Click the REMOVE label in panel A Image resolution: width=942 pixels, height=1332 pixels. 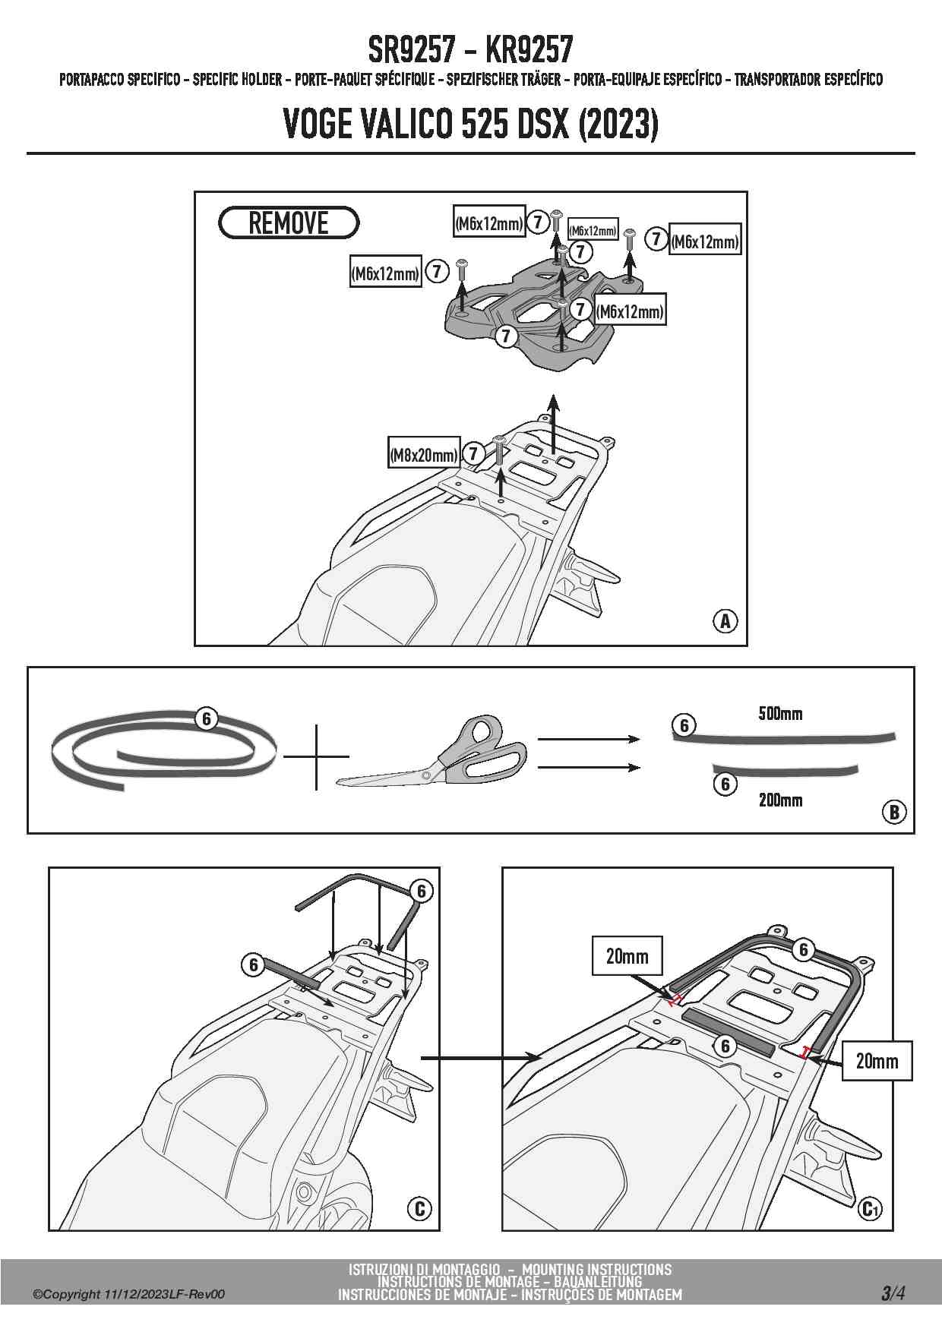[x=288, y=223]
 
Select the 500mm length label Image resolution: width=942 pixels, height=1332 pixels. [x=780, y=714]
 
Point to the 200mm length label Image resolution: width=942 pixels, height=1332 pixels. [x=780, y=800]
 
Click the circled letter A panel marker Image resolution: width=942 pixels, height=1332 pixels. [x=725, y=621]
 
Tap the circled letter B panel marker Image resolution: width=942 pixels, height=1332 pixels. [x=893, y=812]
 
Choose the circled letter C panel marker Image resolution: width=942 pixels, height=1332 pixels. [x=419, y=1208]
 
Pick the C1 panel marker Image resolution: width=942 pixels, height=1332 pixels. [x=870, y=1208]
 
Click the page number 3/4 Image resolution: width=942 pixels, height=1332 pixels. [x=893, y=1293]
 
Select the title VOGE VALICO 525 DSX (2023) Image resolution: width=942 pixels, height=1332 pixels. [x=470, y=125]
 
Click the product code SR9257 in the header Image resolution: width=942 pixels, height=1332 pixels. [x=412, y=51]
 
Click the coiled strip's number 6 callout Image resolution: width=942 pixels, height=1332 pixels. [x=207, y=718]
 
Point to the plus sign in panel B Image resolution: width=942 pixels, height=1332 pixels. [x=316, y=756]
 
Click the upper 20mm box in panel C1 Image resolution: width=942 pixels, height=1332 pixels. [x=627, y=956]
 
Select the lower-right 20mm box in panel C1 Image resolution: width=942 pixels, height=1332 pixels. [x=877, y=1060]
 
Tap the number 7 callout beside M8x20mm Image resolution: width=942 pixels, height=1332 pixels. [x=473, y=454]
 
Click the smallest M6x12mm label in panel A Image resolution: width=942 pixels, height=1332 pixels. [x=593, y=231]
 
